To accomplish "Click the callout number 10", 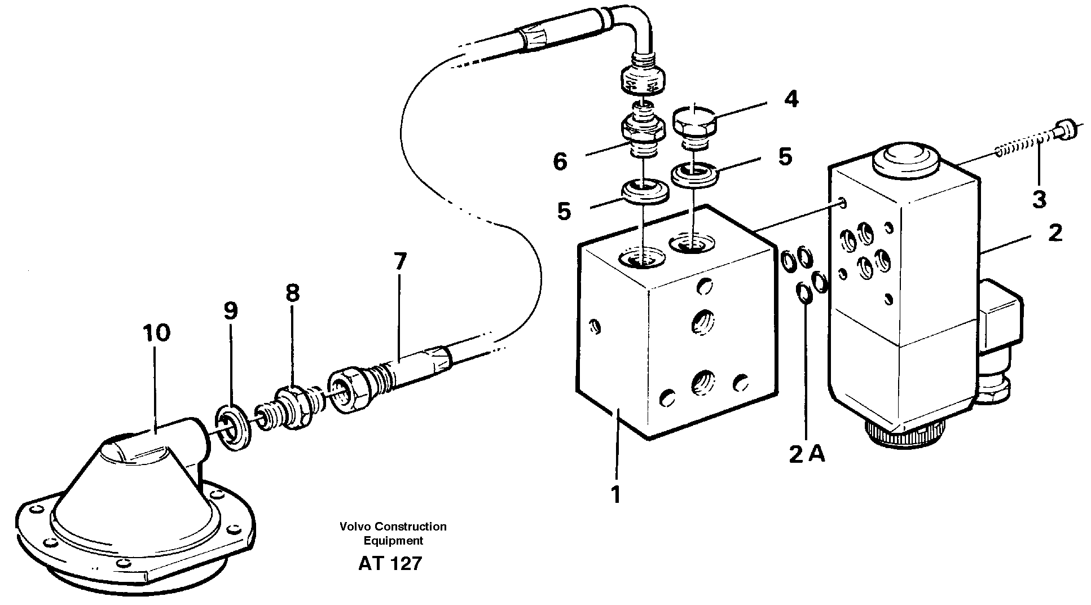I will point(156,333).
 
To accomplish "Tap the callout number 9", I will point(230,310).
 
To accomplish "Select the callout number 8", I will point(292,293).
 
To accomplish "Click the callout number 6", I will point(559,162).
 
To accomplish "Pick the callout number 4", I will point(791,99).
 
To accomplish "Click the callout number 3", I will point(1039,199).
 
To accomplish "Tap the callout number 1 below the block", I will point(616,494).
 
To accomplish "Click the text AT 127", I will point(390,563).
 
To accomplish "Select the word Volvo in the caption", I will point(353,527).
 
